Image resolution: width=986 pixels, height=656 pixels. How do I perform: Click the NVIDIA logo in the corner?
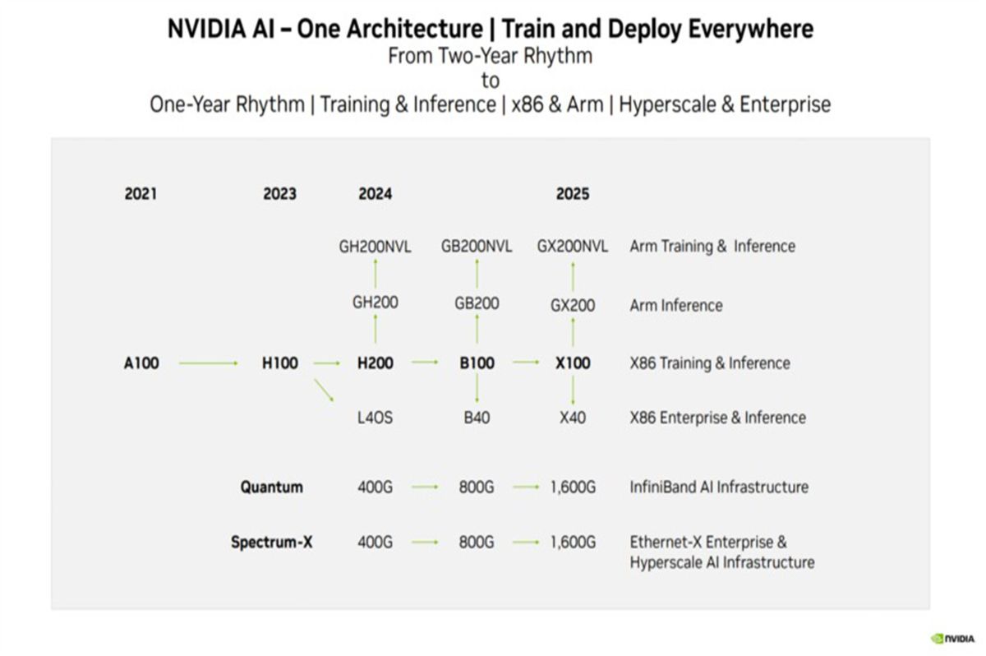[x=952, y=637]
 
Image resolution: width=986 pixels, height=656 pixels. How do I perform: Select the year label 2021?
[x=141, y=195]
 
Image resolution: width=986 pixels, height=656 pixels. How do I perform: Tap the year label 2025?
[x=573, y=195]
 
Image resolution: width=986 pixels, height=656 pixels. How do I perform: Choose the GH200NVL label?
[x=376, y=247]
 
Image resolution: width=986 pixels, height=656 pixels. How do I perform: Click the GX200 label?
[x=573, y=306]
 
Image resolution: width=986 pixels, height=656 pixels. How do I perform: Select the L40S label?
[x=376, y=418]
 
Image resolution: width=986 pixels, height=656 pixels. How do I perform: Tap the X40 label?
[x=573, y=418]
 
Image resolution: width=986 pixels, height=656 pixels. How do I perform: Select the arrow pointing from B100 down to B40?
[x=477, y=390]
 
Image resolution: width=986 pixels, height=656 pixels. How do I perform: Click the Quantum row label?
[x=271, y=487]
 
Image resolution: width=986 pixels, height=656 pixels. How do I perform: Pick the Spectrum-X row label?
[x=271, y=543]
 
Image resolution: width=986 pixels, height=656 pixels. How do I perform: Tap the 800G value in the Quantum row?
[x=477, y=487]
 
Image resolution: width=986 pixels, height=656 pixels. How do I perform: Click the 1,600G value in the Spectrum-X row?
[x=573, y=543]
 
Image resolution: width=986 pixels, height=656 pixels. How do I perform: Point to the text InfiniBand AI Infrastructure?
[x=719, y=487]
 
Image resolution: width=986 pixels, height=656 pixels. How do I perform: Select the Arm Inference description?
[x=676, y=306]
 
